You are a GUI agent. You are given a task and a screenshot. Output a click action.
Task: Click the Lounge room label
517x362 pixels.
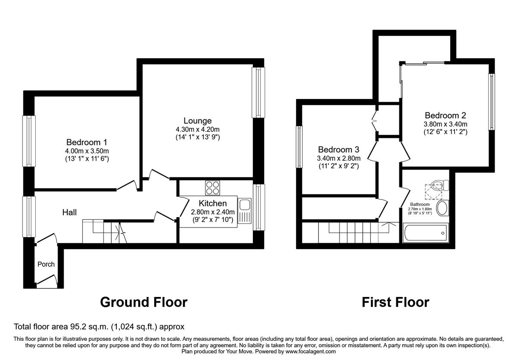coord(197,121)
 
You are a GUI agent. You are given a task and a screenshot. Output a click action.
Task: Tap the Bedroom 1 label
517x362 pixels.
coord(87,142)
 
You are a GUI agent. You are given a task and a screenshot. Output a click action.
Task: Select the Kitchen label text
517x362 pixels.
coord(213,203)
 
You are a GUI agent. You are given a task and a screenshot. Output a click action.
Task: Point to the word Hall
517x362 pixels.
coord(69,212)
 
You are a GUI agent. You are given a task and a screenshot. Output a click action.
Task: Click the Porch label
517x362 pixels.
coord(46,264)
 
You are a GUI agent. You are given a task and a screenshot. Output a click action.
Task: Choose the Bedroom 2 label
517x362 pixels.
coord(445,115)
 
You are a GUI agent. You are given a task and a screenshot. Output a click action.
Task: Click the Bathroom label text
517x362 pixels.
coord(420,204)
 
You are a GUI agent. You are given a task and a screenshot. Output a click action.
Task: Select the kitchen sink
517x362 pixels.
coord(245,211)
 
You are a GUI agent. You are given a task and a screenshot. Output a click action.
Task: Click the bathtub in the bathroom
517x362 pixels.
coord(425,233)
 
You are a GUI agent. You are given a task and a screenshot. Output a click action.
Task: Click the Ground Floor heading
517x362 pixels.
coord(143,302)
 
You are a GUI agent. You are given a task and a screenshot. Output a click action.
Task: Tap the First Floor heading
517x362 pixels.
coord(395,302)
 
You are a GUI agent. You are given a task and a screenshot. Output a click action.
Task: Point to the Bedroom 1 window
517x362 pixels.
coord(29,141)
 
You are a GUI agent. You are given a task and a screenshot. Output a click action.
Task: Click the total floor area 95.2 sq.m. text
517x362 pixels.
coord(99,327)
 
